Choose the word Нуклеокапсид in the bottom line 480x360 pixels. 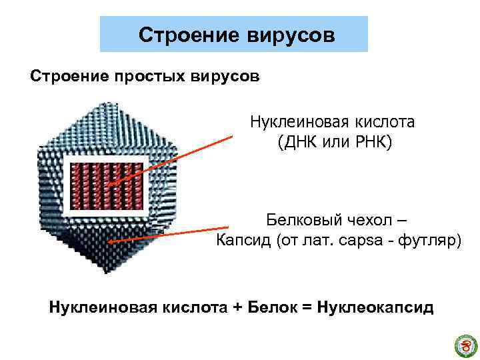click(376, 307)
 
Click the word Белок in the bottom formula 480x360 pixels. click(273, 307)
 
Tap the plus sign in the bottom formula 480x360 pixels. click(236, 308)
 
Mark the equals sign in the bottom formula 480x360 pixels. click(307, 308)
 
